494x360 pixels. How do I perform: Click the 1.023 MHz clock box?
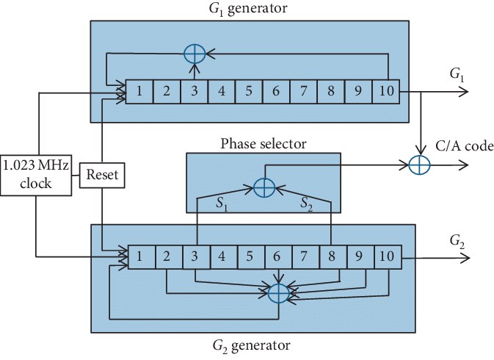click(x=36, y=174)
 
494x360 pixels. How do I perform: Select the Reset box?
click(x=101, y=174)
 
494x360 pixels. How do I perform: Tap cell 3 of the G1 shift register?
click(x=195, y=92)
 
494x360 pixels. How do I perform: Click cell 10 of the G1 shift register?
click(x=386, y=92)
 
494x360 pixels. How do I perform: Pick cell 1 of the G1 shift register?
click(x=139, y=92)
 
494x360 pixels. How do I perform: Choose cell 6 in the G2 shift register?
click(x=277, y=257)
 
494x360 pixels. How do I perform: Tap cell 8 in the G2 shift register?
click(x=332, y=257)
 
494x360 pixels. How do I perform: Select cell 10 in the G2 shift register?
click(x=387, y=257)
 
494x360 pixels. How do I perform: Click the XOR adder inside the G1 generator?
click(x=194, y=54)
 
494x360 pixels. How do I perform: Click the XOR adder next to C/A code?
click(x=419, y=166)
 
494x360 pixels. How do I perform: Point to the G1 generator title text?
click(x=248, y=10)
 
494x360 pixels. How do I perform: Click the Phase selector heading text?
click(x=263, y=143)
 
